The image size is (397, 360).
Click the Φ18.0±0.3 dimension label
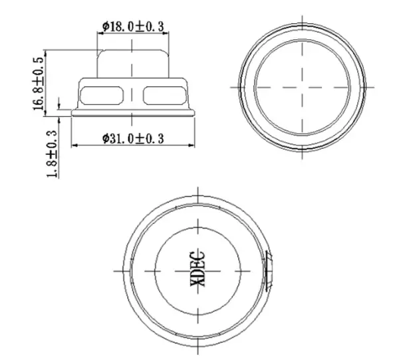coord(133,27)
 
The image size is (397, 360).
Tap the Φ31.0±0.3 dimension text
coord(133,139)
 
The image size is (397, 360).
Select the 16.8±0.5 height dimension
coord(38,84)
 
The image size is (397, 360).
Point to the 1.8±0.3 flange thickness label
coord(52,153)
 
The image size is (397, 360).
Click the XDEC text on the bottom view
coord(198,268)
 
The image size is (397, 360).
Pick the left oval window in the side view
coord(102,95)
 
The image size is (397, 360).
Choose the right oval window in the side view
coord(164,95)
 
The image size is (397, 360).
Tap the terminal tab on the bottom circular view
coord(268,270)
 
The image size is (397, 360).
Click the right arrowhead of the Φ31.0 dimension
coord(192,145)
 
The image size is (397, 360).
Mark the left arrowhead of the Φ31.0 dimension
coord(74,145)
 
